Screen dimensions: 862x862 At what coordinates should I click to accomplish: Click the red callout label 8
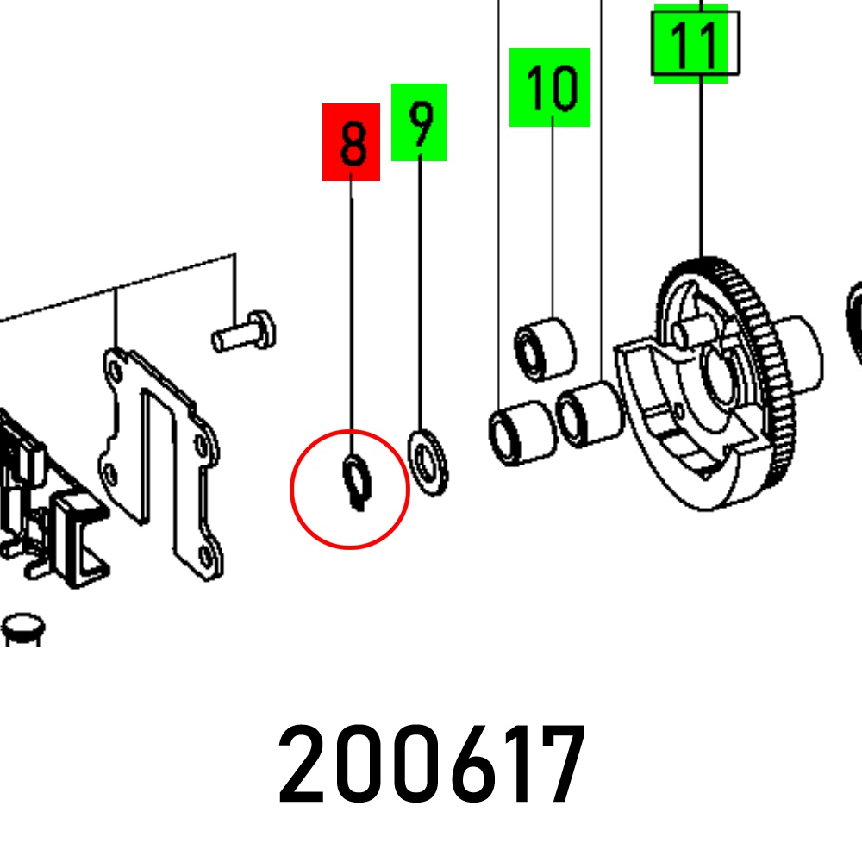(x=352, y=142)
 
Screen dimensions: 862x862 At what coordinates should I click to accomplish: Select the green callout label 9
(x=419, y=122)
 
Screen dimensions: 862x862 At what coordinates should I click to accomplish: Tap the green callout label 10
(x=550, y=87)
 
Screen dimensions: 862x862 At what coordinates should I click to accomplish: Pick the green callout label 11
(x=691, y=44)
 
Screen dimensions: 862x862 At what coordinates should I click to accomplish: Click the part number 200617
(x=432, y=764)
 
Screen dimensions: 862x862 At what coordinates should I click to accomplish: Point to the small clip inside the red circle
(x=358, y=482)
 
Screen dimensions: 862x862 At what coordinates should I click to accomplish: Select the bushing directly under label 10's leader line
(x=545, y=349)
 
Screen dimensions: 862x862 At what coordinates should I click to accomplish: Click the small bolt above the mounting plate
(x=244, y=332)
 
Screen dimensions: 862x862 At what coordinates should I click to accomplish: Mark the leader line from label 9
(x=421, y=295)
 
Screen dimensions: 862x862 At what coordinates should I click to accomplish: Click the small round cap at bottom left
(x=23, y=628)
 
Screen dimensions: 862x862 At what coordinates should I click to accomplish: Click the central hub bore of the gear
(x=720, y=374)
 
